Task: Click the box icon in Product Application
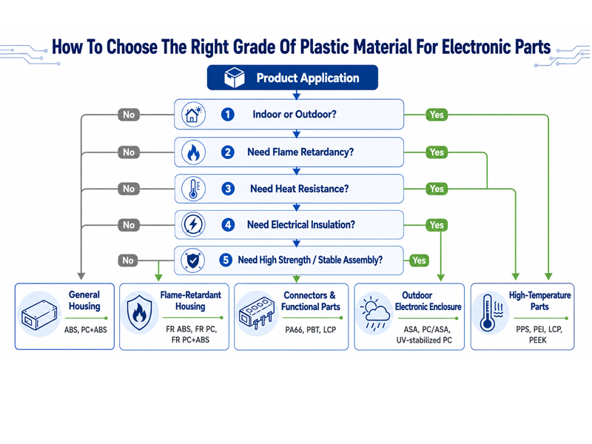(234, 78)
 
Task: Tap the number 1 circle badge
(228, 115)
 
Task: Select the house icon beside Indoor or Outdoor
(193, 115)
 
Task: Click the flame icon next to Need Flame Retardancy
(193, 152)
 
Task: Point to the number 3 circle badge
(228, 189)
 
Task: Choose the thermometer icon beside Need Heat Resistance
(193, 189)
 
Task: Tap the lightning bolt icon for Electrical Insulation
(193, 225)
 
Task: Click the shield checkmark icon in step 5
(193, 260)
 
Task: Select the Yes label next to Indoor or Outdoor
(437, 115)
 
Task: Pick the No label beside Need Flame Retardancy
(129, 152)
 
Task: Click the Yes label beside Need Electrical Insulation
(437, 225)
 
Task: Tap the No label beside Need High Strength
(128, 260)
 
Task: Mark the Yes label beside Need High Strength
(419, 260)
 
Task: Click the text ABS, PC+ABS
(86, 330)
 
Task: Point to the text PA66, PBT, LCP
(311, 330)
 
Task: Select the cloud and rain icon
(374, 313)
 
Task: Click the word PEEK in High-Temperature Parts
(538, 340)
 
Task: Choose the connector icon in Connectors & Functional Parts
(256, 312)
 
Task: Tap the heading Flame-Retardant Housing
(191, 300)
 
